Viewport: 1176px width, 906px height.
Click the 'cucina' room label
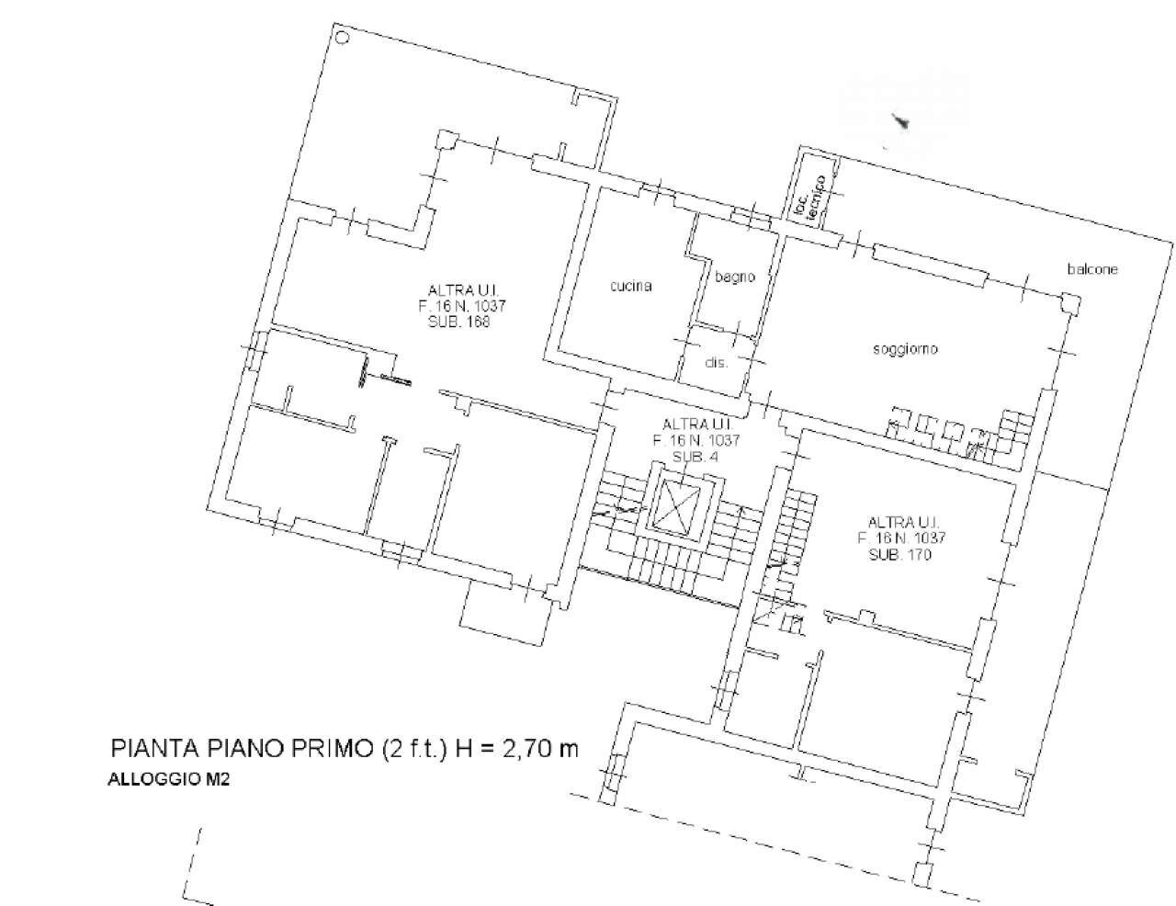[631, 286]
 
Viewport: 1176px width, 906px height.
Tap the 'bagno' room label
[735, 277]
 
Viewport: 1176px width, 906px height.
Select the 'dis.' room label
[717, 362]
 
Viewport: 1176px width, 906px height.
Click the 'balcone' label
[1092, 269]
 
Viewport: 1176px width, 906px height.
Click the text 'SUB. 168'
[459, 323]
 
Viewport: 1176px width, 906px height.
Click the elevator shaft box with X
[680, 505]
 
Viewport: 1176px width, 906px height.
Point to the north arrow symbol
[901, 122]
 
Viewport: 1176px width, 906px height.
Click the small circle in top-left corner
[342, 38]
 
